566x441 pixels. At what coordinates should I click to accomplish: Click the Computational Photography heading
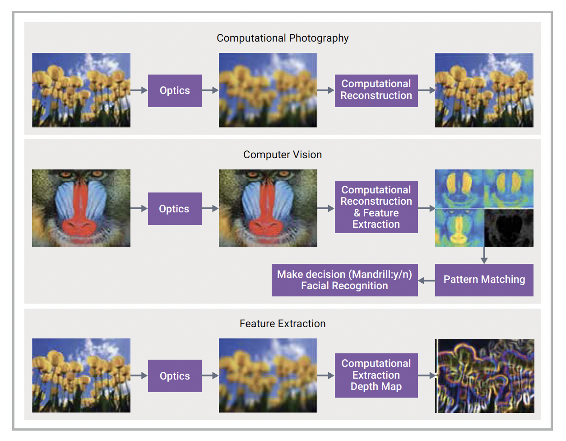point(283,38)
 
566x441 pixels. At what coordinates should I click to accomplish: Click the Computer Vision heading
point(283,155)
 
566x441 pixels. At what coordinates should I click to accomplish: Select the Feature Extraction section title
point(283,324)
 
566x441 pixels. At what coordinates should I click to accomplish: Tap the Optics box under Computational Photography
point(175,91)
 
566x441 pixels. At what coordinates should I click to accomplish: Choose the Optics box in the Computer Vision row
point(175,208)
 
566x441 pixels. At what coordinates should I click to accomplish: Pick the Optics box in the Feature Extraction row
point(175,376)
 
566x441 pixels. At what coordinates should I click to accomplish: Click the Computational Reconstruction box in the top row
point(376,91)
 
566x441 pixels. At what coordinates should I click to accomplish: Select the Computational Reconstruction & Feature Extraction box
point(376,207)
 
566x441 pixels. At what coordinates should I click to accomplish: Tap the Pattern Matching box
point(484,280)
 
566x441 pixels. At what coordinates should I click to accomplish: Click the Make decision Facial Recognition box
point(344,280)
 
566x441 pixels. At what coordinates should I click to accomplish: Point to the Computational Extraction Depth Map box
point(376,375)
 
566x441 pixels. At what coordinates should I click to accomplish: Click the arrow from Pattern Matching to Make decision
point(427,281)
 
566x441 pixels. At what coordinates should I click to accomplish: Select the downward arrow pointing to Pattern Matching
point(484,255)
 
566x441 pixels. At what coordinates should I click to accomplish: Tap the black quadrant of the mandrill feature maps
point(509,228)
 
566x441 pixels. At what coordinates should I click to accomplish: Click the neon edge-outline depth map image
point(485,375)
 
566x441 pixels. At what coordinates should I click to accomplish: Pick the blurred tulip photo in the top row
point(268,90)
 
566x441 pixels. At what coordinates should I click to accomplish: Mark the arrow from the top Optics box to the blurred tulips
point(210,90)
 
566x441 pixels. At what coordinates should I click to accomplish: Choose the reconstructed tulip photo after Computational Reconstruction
point(484,90)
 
